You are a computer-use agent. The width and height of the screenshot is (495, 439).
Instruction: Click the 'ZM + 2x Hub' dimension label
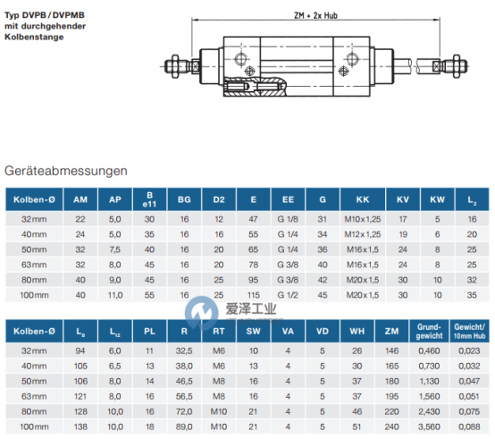coord(315,15)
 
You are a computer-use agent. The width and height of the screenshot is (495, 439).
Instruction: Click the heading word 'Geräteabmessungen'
coord(66,171)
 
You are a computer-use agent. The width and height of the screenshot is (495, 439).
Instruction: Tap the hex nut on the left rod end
coord(175,66)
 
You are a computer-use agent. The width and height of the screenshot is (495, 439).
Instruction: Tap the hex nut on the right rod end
coord(457,66)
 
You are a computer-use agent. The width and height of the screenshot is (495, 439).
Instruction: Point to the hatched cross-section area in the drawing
coord(255,87)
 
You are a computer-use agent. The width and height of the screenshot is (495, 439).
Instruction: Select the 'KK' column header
coord(363,199)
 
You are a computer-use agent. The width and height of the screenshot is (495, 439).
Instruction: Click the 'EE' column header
coord(288,199)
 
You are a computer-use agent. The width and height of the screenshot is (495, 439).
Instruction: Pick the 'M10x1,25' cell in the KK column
coord(363,219)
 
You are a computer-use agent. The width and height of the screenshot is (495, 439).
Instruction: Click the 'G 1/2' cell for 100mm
coord(288,295)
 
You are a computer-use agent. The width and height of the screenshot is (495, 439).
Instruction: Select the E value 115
coord(254,295)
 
